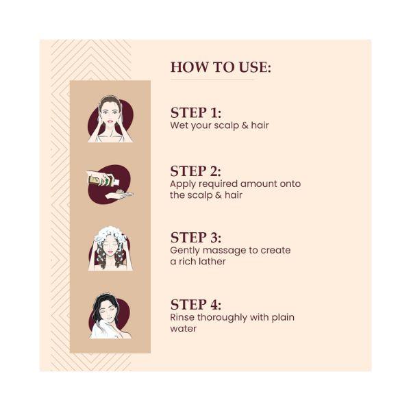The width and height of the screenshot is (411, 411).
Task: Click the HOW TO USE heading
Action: [221, 67]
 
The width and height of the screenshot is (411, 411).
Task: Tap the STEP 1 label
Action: [196, 113]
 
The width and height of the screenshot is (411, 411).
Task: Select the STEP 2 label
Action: [195, 171]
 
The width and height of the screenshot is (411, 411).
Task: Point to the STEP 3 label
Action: [196, 238]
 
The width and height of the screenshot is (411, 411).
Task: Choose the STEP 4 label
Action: [196, 305]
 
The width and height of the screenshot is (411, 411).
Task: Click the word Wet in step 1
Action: [179, 125]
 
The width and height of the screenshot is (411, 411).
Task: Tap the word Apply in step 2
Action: [183, 184]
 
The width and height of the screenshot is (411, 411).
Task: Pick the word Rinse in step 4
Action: [182, 317]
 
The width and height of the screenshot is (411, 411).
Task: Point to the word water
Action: [183, 329]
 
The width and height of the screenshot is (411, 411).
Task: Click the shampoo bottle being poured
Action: [103, 181]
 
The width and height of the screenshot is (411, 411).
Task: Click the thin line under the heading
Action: [212, 79]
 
